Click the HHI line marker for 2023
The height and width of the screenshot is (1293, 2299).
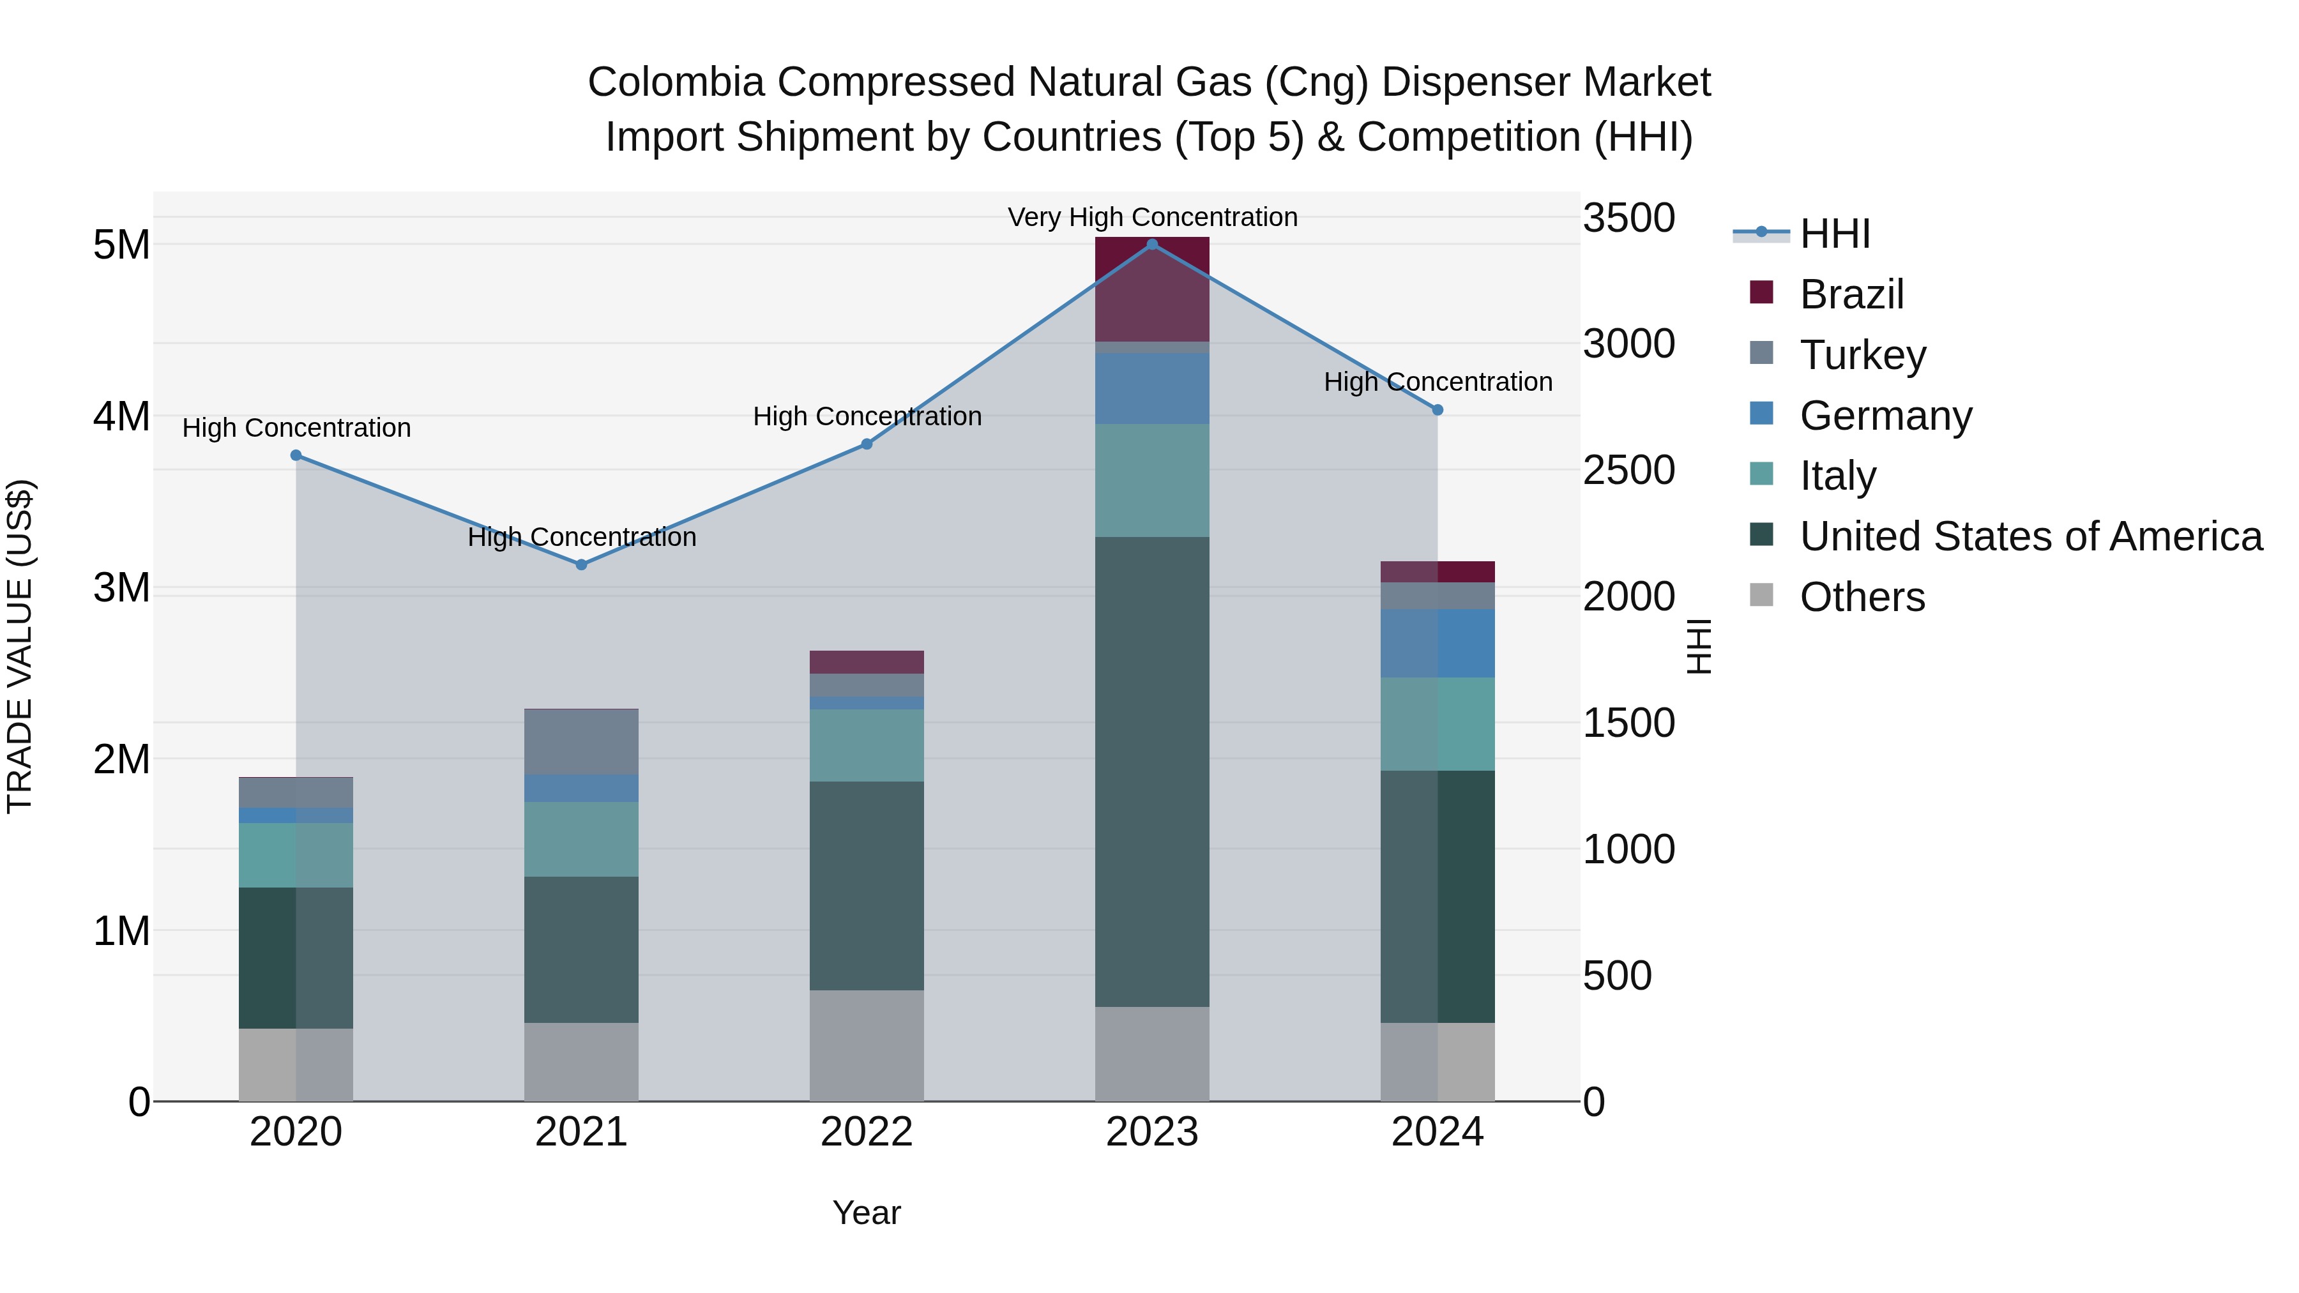[1151, 245]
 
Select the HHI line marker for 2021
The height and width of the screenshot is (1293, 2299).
[581, 565]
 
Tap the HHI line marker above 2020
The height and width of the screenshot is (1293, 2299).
[296, 455]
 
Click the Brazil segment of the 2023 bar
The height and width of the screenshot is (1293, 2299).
[1151, 289]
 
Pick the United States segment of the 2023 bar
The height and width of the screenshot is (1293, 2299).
[1151, 772]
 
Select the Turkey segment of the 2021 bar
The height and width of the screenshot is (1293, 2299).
[581, 741]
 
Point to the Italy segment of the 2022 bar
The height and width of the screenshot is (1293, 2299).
[866, 745]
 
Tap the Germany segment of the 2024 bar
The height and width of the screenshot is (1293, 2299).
[1437, 644]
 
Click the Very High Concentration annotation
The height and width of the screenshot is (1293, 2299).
[1151, 217]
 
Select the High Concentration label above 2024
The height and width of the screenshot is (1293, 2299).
[1437, 382]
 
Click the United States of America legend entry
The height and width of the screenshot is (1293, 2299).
[2030, 536]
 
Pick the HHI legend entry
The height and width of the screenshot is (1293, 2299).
[1834, 234]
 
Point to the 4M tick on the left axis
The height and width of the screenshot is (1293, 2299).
[121, 416]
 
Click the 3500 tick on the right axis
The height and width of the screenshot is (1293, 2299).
[1628, 218]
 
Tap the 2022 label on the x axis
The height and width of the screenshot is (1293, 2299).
[866, 1132]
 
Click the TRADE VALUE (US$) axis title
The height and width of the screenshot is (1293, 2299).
[20, 646]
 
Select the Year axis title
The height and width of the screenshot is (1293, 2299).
[866, 1213]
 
